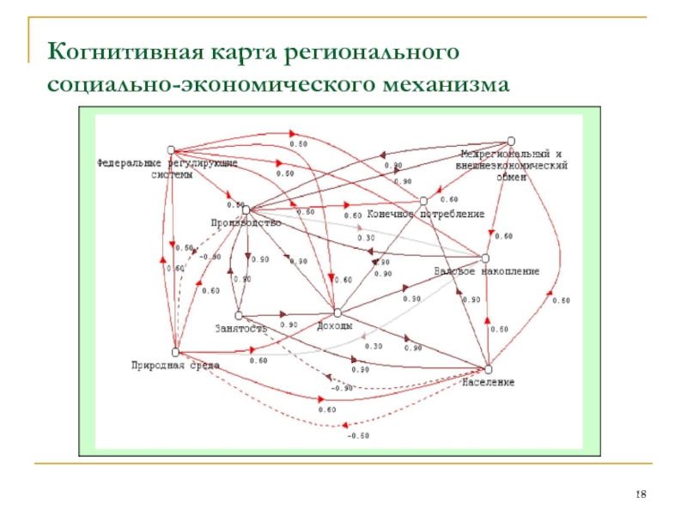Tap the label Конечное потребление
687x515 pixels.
click(427, 214)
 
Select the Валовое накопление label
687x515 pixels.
click(486, 271)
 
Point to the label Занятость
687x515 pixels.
click(241, 327)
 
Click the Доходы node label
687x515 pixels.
click(335, 326)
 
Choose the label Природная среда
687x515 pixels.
click(175, 365)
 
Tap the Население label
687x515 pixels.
click(488, 382)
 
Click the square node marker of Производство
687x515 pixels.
click(246, 209)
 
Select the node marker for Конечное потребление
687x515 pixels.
click(423, 201)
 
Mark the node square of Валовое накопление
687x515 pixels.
click(485, 257)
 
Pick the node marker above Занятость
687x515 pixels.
click(238, 314)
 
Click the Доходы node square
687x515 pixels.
click(337, 312)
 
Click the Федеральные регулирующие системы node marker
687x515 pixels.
click(171, 148)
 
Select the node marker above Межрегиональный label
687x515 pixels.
click(512, 140)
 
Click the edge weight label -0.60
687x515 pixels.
click(358, 436)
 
